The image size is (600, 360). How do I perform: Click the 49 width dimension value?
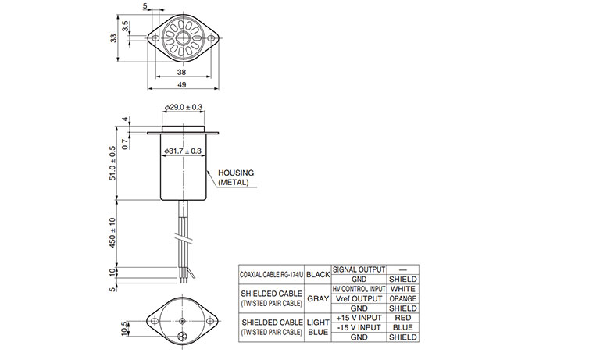click(x=182, y=84)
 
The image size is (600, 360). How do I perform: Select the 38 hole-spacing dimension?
click(x=182, y=72)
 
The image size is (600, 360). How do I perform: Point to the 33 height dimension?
click(x=113, y=38)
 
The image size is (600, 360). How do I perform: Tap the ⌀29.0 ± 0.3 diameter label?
click(x=184, y=107)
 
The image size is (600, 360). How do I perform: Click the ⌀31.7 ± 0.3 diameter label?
click(x=183, y=151)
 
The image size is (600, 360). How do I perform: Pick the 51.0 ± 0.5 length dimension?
click(x=112, y=163)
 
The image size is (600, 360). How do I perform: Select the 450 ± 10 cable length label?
click(x=112, y=233)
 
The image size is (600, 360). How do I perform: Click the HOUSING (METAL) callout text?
click(x=236, y=178)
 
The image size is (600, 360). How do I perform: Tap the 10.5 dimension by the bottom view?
click(x=124, y=329)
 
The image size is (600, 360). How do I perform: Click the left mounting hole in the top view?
click(x=155, y=38)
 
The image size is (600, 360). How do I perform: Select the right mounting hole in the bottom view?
click(x=209, y=321)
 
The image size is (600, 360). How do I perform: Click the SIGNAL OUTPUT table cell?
click(x=359, y=269)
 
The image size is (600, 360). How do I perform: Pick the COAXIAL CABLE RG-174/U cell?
click(x=272, y=275)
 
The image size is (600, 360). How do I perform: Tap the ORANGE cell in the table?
click(x=403, y=298)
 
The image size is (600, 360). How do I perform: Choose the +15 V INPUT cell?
click(x=359, y=318)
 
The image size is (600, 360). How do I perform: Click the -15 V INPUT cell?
click(x=359, y=327)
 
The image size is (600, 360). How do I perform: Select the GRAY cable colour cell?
click(x=318, y=299)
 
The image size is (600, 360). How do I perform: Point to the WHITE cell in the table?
click(x=403, y=289)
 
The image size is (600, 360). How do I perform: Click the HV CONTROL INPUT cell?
click(x=359, y=289)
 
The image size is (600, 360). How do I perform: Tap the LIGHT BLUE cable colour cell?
click(x=318, y=327)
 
